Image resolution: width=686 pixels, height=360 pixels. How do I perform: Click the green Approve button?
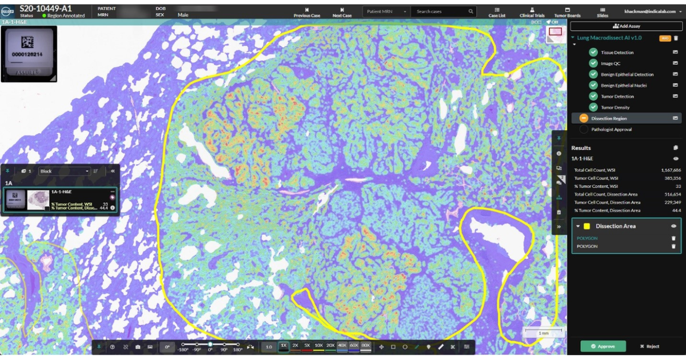pyautogui.click(x=603, y=346)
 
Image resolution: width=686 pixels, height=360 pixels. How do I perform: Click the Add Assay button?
pyautogui.click(x=626, y=26)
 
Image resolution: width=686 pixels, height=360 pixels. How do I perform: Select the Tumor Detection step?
pyautogui.click(x=617, y=97)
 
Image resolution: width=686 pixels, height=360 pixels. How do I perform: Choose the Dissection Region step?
pyautogui.click(x=609, y=118)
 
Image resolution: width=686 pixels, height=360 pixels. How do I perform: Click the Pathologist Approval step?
pyautogui.click(x=611, y=130)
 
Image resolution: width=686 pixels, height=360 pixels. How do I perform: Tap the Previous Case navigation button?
pyautogui.click(x=307, y=13)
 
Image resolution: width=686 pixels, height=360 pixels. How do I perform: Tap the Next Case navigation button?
pyautogui.click(x=342, y=13)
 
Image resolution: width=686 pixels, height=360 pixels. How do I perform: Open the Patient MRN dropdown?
pyautogui.click(x=386, y=11)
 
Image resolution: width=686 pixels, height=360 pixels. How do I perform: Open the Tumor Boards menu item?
pyautogui.click(x=567, y=13)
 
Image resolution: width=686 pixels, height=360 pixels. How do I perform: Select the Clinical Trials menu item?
pyautogui.click(x=532, y=13)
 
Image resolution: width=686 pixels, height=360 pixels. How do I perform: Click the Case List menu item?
pyautogui.click(x=497, y=13)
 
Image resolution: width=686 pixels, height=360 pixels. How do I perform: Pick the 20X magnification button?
pyautogui.click(x=330, y=346)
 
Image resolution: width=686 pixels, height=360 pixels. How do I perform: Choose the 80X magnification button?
pyautogui.click(x=366, y=346)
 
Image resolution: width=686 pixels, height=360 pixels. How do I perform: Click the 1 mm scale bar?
pyautogui.click(x=544, y=332)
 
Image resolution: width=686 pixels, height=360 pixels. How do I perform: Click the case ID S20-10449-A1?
pyautogui.click(x=46, y=8)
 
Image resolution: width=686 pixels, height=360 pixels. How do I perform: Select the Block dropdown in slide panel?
pyautogui.click(x=64, y=171)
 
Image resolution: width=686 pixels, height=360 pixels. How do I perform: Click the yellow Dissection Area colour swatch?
pyautogui.click(x=587, y=226)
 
